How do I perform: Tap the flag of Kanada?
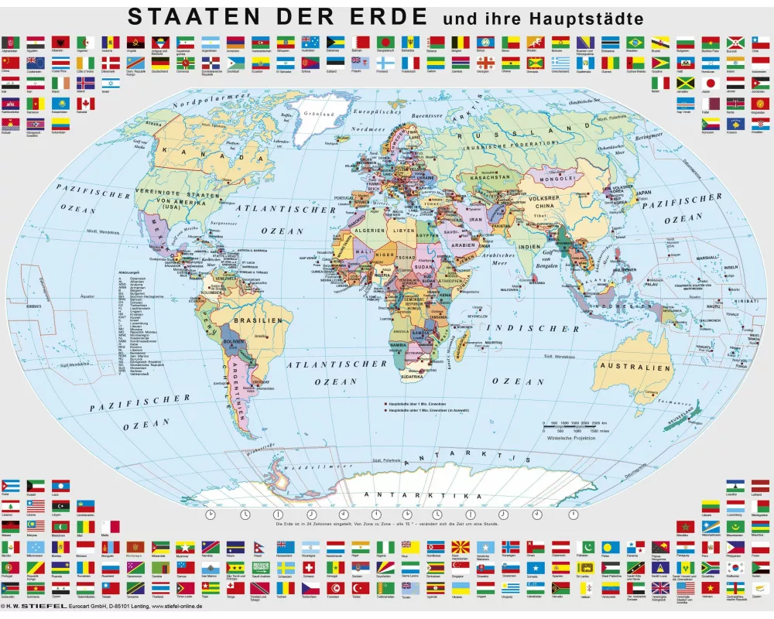click(x=85, y=103)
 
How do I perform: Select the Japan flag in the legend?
click(x=706, y=83)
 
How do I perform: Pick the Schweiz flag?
click(x=310, y=567)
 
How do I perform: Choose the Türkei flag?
click(x=357, y=588)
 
